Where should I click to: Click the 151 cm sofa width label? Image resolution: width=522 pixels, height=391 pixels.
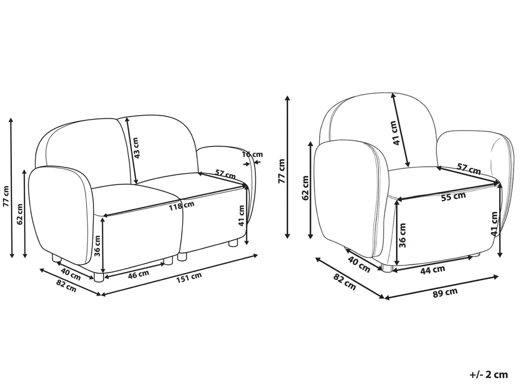point(189,278)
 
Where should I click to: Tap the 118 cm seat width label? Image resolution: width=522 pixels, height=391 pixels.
point(181,205)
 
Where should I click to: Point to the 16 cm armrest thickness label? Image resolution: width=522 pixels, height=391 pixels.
point(252,154)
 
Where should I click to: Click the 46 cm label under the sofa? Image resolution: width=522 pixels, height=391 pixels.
point(138,274)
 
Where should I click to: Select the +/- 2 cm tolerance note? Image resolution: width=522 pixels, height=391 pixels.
point(489,375)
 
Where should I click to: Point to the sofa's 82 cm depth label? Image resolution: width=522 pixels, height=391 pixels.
point(66,286)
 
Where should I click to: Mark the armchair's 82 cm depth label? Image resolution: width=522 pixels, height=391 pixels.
point(344,282)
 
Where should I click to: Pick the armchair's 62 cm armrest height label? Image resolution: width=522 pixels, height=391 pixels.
point(305,188)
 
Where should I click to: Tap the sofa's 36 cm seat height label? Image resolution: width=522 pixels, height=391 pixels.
point(97,247)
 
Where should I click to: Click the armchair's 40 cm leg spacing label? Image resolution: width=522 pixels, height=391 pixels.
point(359,265)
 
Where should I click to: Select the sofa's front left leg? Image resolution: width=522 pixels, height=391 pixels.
point(98,277)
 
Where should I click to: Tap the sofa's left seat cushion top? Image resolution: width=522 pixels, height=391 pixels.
point(136,199)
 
